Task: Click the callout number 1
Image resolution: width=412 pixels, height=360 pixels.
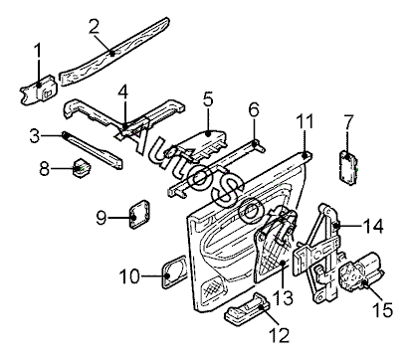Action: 38,52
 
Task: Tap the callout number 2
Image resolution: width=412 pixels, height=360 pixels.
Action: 94,27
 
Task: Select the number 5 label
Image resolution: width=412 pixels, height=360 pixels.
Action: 208,99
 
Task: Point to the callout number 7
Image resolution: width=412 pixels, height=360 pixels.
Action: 348,122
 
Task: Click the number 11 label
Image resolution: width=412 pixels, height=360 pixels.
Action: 305,121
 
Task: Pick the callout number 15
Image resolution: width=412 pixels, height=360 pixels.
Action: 382,310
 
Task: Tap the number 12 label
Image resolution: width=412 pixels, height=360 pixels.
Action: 280,334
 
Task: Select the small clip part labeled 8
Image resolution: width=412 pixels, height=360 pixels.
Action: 82,167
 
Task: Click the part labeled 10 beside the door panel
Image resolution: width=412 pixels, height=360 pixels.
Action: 174,271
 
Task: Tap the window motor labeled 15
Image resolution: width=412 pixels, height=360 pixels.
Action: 360,271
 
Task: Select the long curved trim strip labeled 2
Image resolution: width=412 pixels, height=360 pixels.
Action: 114,52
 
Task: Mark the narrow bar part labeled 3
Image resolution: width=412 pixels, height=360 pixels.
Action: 92,150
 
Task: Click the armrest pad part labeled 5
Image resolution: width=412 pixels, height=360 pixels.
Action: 203,145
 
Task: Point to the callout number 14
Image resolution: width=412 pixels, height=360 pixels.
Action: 373,227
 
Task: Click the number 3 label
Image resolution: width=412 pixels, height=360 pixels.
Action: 34,136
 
